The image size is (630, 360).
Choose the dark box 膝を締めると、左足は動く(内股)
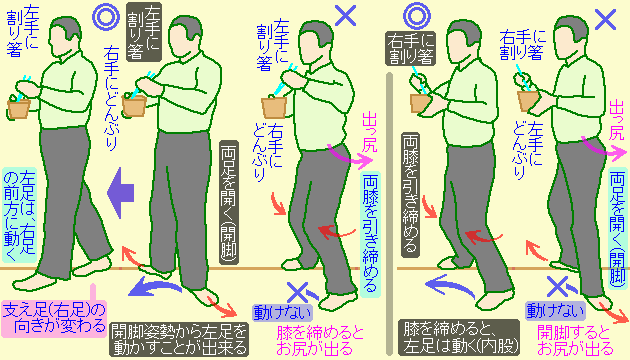pyautogui.click(x=455, y=339)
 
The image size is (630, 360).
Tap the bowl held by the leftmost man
pyautogui.click(x=18, y=106)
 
